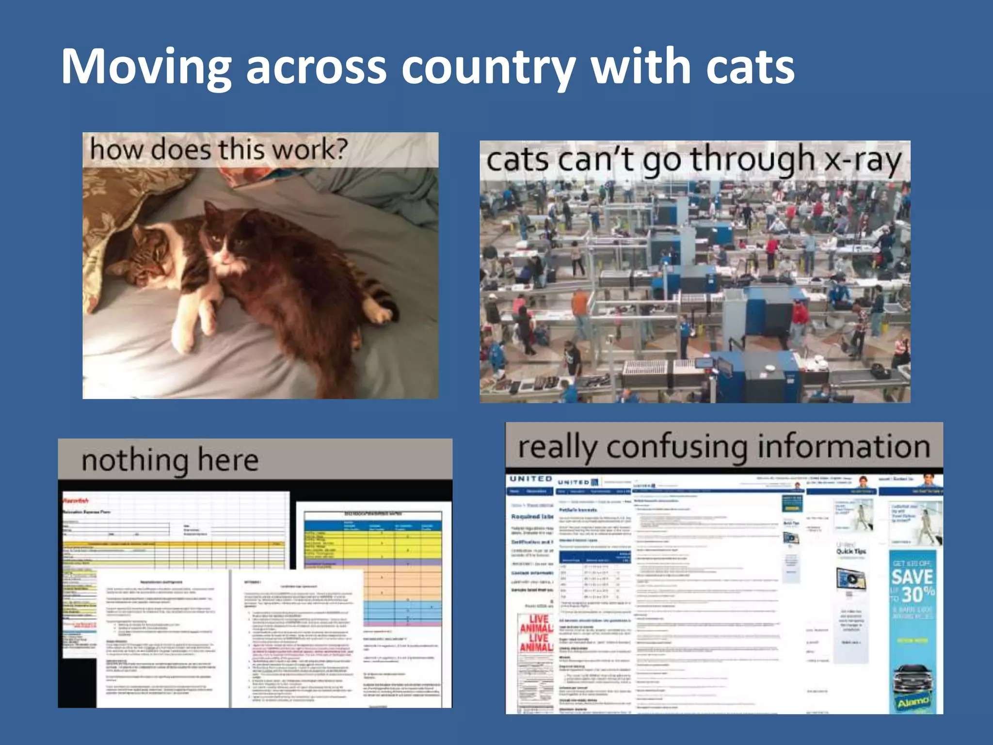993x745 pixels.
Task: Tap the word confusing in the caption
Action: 676,447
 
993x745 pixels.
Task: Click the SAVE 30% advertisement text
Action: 913,584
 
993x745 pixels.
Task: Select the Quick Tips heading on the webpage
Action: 850,551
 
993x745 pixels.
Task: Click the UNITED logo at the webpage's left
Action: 531,479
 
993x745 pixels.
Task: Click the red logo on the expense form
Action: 76,500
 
